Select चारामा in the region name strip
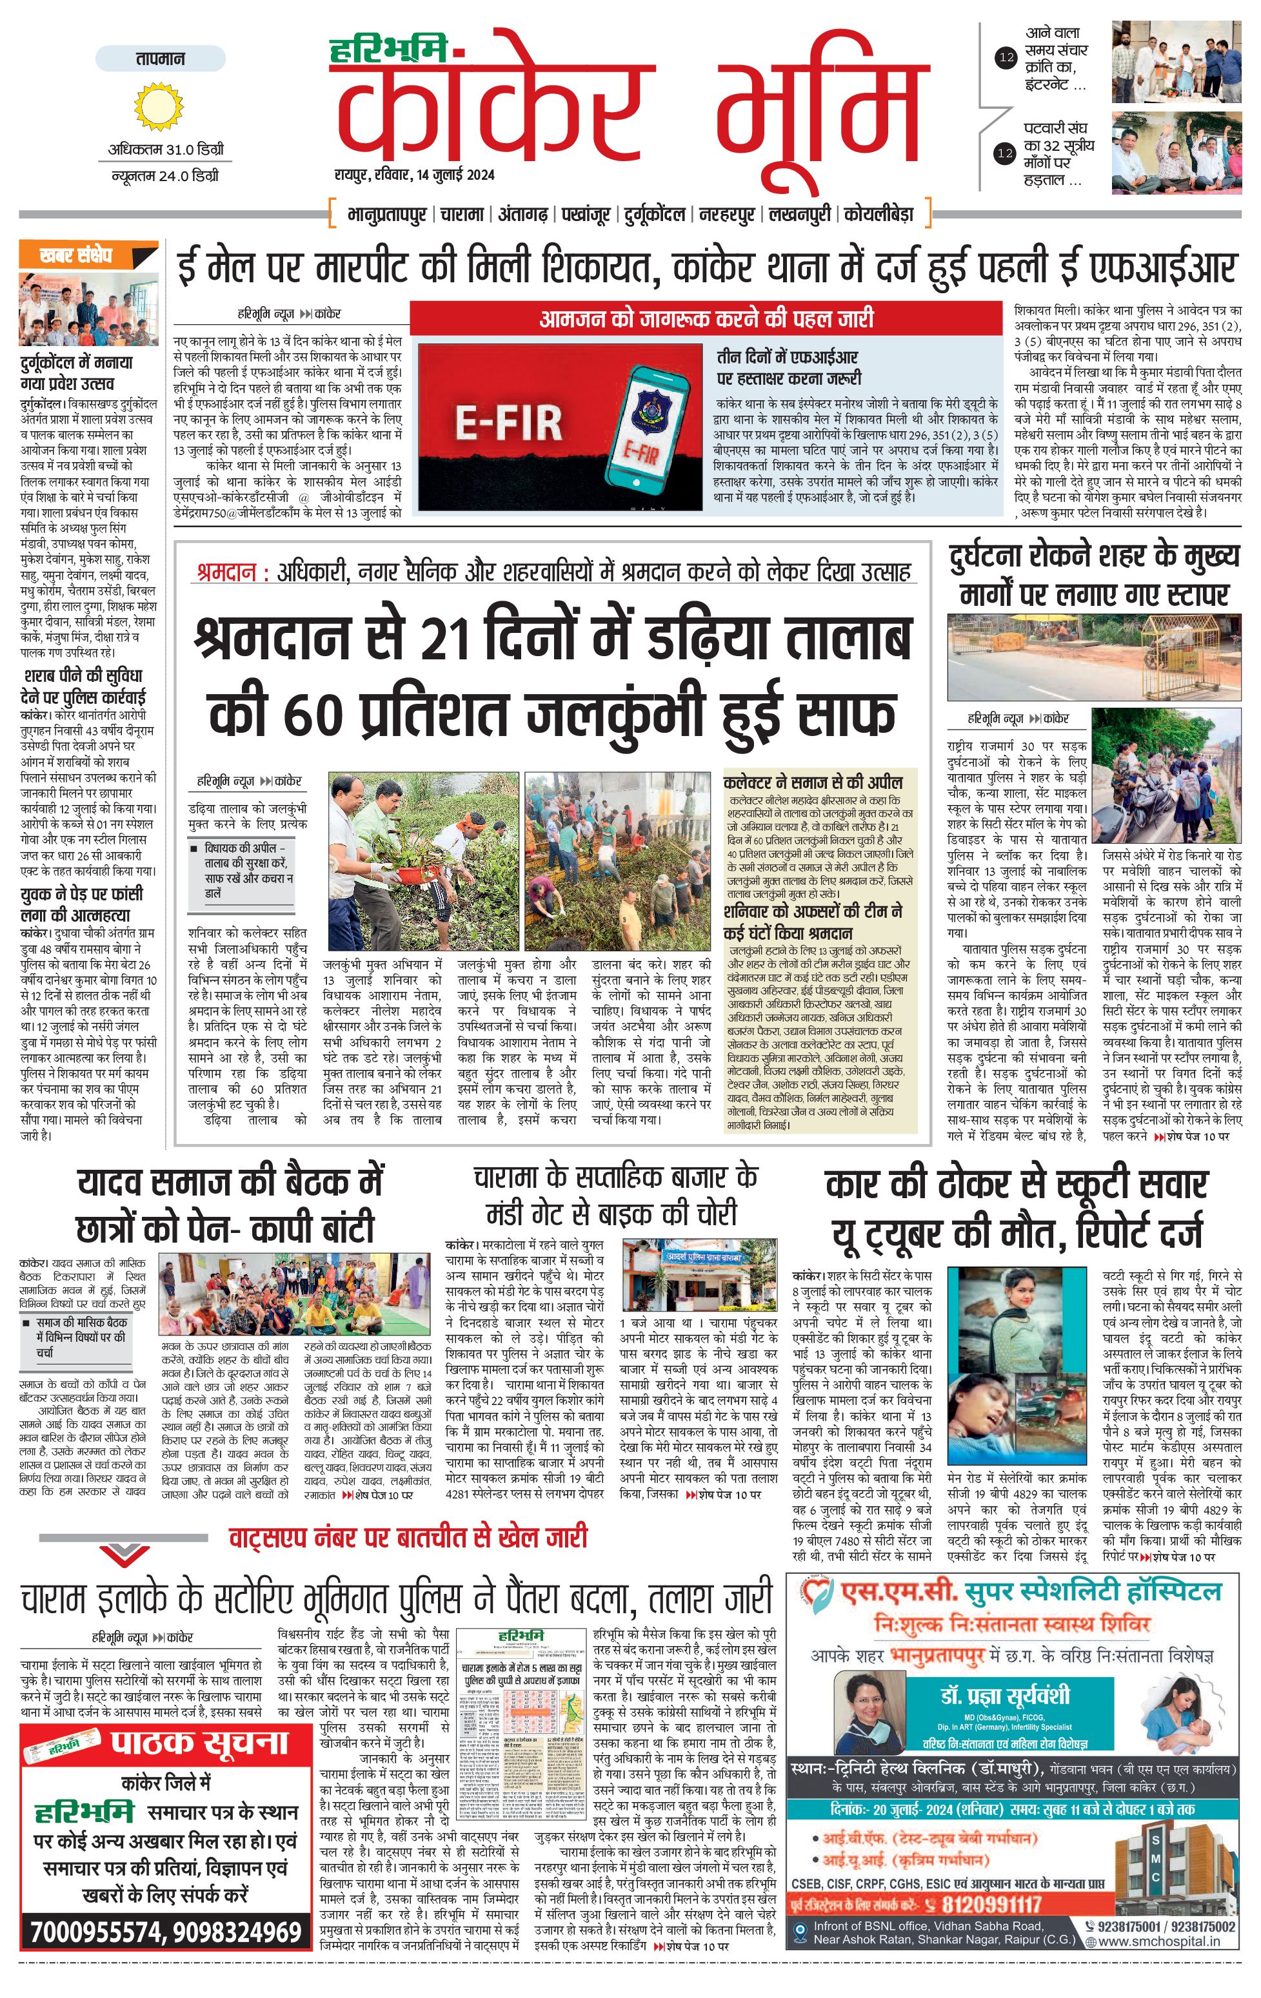coord(462,214)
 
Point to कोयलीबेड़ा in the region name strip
coord(879,214)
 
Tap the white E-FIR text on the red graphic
coord(508,423)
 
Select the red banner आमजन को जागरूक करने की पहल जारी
coord(706,318)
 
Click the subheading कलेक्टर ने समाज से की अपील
coord(813,782)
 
